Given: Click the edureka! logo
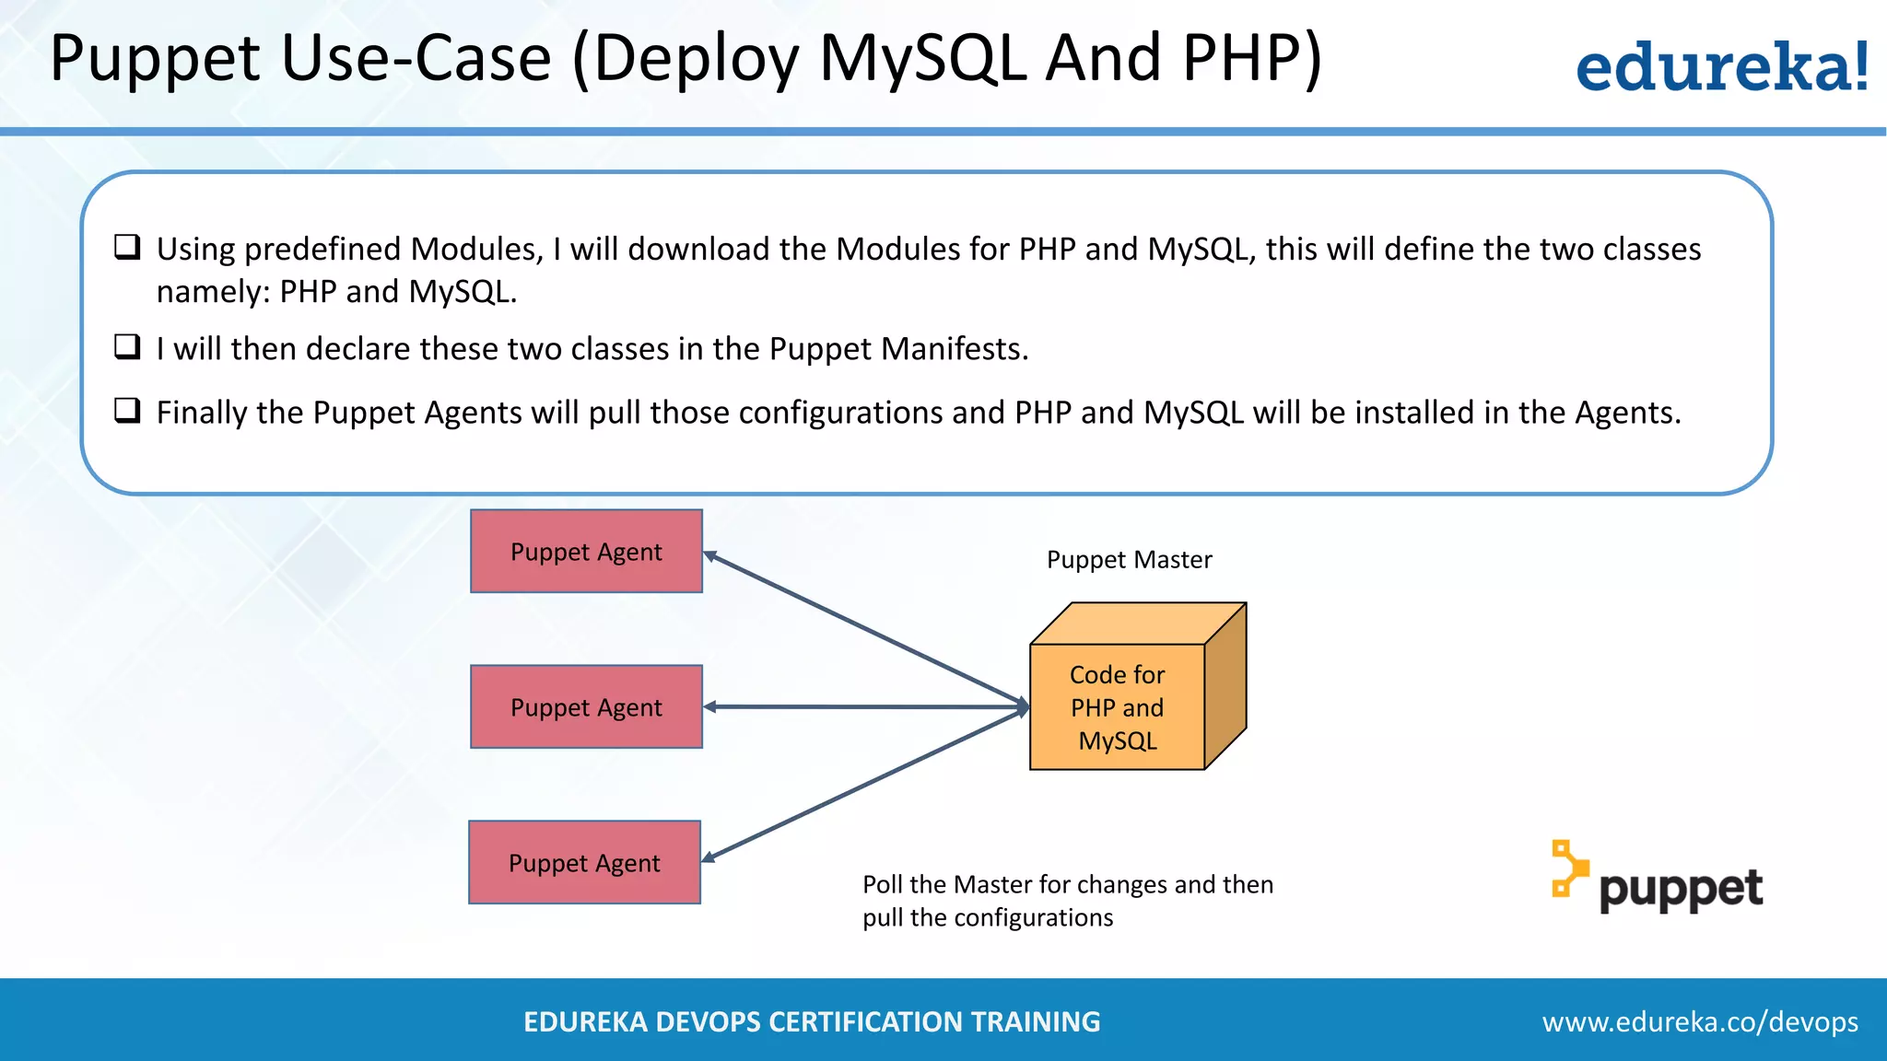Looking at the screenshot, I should (1721, 68).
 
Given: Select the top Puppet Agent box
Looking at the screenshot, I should (586, 551).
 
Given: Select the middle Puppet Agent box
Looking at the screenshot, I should (586, 706).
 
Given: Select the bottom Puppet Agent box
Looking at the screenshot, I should (584, 862).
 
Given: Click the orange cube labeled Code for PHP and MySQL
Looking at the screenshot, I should (1117, 706).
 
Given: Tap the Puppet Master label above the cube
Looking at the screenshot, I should (1129, 560).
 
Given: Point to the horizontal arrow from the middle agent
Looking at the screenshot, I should (866, 706).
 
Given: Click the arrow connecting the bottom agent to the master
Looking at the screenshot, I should (866, 784).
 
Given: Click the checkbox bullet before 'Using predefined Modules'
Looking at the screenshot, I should (127, 247).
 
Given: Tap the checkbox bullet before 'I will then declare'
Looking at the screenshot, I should (127, 347).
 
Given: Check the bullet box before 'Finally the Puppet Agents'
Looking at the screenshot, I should (127, 411).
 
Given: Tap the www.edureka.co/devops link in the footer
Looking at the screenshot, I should (1699, 1021).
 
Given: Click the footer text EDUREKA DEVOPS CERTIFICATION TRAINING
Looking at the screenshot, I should (812, 1021).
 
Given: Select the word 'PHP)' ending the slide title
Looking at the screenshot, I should (1251, 59).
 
